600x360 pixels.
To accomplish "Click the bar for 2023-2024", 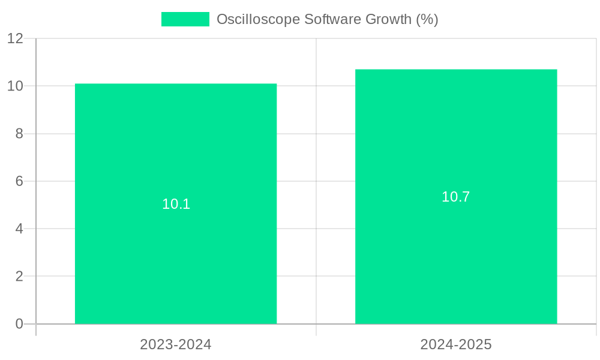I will point(176,252).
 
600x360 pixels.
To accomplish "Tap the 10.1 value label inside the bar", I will point(176,204).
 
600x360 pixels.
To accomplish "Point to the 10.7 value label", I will point(456,197).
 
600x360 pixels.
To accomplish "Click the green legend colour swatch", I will point(185,19).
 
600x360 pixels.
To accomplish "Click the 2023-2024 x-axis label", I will point(176,344).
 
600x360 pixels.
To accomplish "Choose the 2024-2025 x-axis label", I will point(456,344).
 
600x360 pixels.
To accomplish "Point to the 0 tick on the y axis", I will point(19,324).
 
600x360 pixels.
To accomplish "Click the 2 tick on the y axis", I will point(19,277).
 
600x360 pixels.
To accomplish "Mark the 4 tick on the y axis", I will point(19,229).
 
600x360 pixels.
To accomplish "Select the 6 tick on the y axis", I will point(19,181).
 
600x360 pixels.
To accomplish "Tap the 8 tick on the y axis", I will point(19,134).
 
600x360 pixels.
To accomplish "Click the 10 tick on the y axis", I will point(15,86).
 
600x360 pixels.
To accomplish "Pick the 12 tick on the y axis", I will point(15,38).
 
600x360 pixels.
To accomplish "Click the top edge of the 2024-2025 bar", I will point(456,70).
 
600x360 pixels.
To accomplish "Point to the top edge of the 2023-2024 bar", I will point(176,84).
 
